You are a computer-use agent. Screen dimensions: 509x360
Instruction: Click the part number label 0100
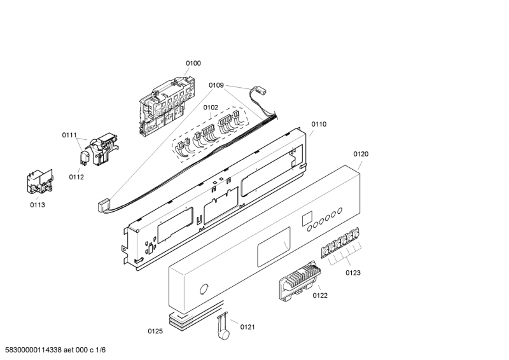click(x=193, y=64)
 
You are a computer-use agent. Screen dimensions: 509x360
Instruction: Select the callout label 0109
click(x=216, y=85)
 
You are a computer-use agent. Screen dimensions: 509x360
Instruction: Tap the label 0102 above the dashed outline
click(x=211, y=107)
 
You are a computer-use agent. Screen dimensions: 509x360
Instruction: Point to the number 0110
click(x=319, y=124)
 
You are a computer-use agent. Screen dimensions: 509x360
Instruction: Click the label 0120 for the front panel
click(x=361, y=154)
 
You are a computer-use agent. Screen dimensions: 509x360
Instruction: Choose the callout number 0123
click(x=353, y=273)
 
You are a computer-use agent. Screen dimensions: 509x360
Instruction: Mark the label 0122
click(x=320, y=295)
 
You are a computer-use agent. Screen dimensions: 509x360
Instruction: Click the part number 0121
click(x=248, y=327)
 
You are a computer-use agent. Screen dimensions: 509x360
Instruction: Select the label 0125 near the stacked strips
click(x=155, y=331)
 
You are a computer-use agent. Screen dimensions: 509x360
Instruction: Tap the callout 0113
click(x=38, y=205)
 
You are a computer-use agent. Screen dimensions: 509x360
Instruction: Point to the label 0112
click(x=76, y=177)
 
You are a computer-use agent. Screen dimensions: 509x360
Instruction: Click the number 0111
click(x=69, y=135)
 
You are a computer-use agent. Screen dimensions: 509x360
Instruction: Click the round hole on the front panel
click(x=204, y=289)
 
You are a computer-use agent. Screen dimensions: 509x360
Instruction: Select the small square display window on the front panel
click(x=307, y=219)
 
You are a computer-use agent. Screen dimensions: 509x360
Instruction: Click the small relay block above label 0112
click(x=85, y=157)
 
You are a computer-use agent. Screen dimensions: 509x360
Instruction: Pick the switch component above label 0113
click(x=40, y=182)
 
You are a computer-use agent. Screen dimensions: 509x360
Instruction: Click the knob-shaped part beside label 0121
click(x=222, y=326)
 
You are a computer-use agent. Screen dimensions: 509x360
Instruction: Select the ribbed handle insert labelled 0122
click(x=300, y=280)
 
